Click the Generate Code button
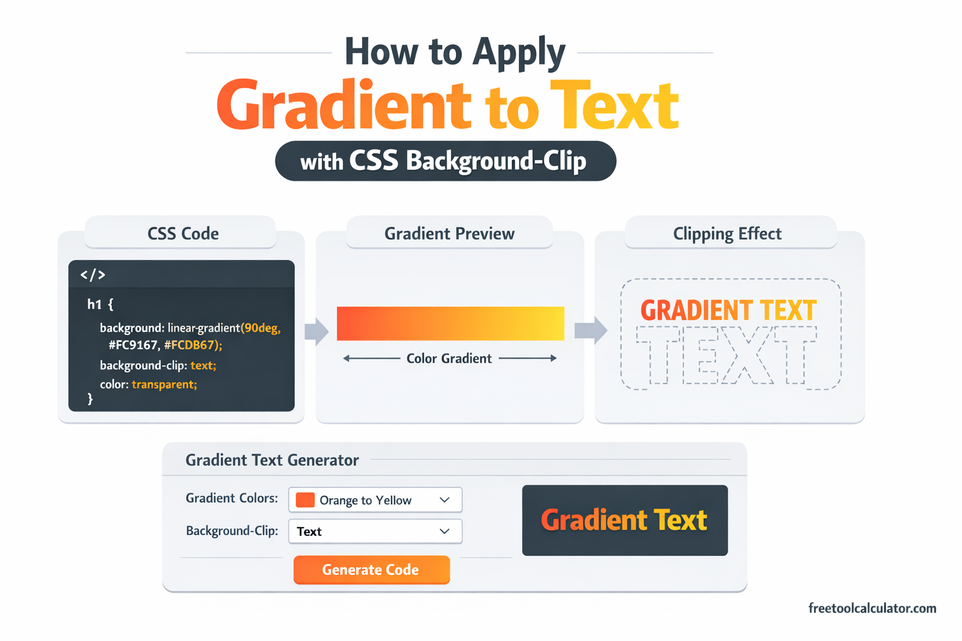pyautogui.click(x=371, y=570)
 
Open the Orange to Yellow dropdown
pyautogui.click(x=375, y=500)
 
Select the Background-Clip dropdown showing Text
pyautogui.click(x=375, y=531)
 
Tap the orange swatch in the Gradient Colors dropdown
pyautogui.click(x=305, y=500)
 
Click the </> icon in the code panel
pyautogui.click(x=93, y=275)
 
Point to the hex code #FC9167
pyautogui.click(x=133, y=345)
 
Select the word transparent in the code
pyautogui.click(x=164, y=384)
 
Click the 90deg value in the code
pyautogui.click(x=261, y=328)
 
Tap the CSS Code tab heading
pyautogui.click(x=183, y=233)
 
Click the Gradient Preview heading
pyautogui.click(x=449, y=233)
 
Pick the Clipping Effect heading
pyautogui.click(x=727, y=233)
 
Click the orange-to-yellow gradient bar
pyautogui.click(x=450, y=324)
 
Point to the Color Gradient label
pyautogui.click(x=449, y=359)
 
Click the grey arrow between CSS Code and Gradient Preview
pyautogui.click(x=316, y=331)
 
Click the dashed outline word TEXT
pyautogui.click(x=727, y=355)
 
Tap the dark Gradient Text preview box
pyautogui.click(x=624, y=520)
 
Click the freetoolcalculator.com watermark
pyautogui.click(x=872, y=608)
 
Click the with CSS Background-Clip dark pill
pyautogui.click(x=445, y=161)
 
